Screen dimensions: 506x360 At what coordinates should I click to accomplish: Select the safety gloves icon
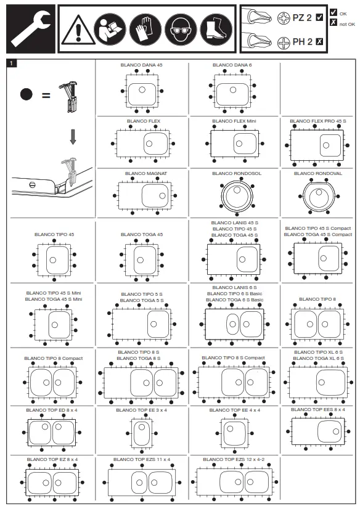point(145,29)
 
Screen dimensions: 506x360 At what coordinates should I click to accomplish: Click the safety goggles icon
point(181,29)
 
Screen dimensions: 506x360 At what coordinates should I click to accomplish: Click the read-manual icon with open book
point(110,29)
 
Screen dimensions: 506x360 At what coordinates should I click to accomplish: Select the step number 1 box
point(12,63)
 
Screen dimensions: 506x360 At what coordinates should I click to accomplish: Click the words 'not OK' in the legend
point(348,24)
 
